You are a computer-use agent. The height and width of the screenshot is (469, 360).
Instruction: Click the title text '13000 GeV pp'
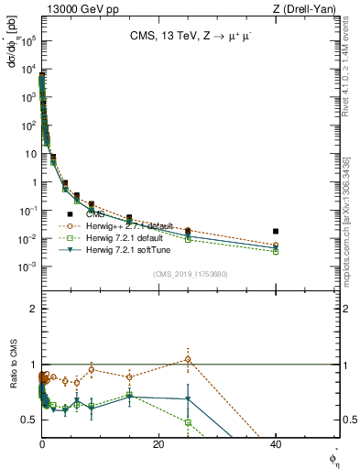[x=73, y=8]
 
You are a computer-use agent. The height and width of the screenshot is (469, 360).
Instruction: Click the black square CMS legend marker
[x=71, y=214]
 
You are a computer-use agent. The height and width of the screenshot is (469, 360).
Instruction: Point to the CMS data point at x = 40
[x=276, y=232]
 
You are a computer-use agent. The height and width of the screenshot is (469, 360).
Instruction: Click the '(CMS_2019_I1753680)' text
[x=190, y=274]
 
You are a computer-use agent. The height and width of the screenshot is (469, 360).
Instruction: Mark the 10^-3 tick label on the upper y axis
[x=27, y=267]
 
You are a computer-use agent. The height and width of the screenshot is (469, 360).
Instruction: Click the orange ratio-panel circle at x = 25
[x=188, y=359]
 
